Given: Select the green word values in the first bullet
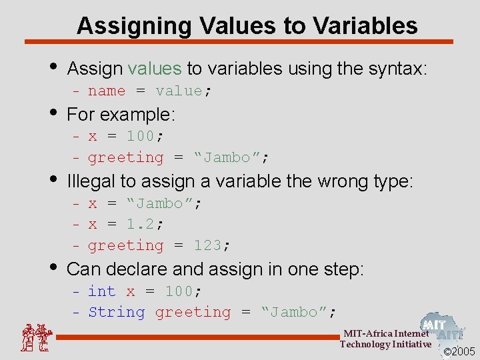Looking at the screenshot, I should tap(154, 68).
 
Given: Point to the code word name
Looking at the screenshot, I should tap(107, 91).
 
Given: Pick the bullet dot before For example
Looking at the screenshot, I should tap(53, 111).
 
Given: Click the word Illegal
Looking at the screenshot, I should tap(89, 181).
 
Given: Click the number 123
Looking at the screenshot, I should tap(207, 245).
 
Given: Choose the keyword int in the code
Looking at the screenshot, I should tap(102, 291).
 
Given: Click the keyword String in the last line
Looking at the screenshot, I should tap(117, 312).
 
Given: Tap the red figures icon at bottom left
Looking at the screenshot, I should tap(34, 338).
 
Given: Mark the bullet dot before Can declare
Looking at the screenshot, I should tap(53, 266).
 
